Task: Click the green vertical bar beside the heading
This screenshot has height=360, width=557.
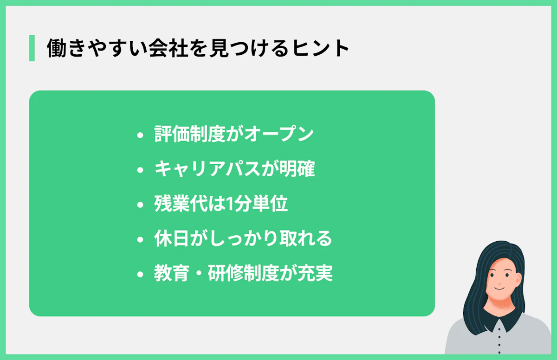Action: point(32,48)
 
